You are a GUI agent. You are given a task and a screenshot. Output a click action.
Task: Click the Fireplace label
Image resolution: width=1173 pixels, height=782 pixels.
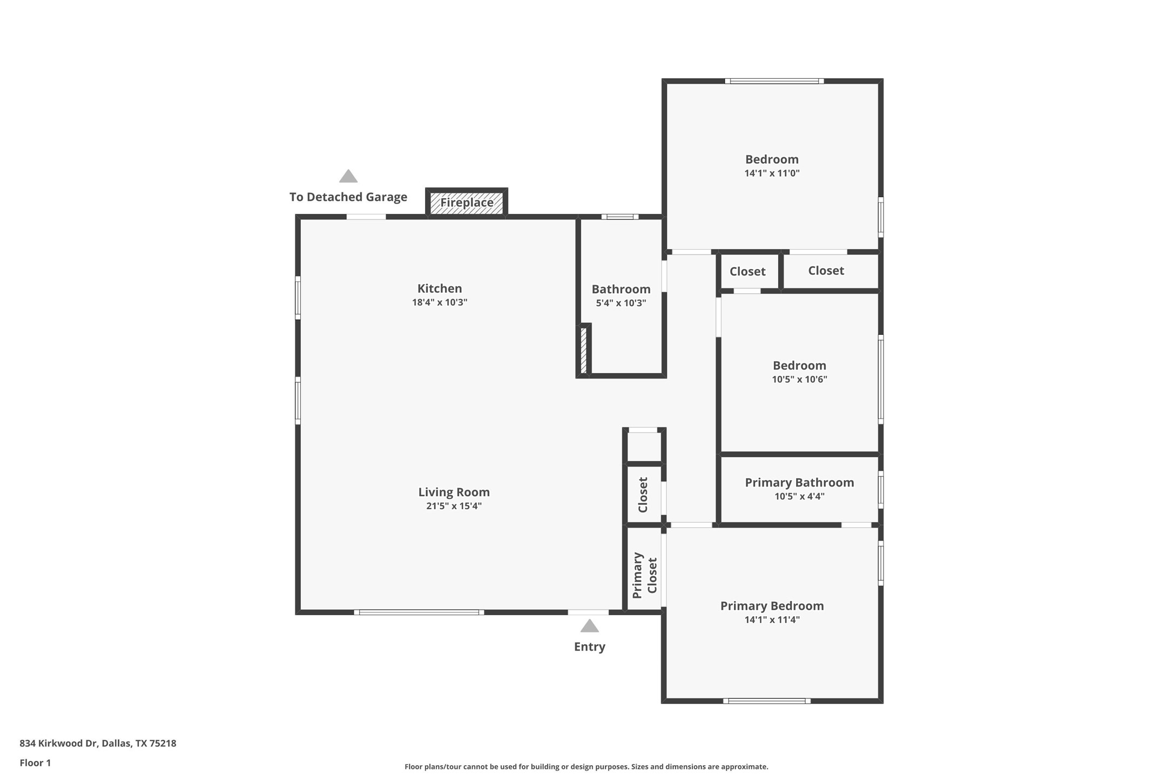(x=467, y=203)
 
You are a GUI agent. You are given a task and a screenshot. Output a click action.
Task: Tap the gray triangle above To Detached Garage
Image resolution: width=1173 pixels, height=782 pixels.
(x=348, y=177)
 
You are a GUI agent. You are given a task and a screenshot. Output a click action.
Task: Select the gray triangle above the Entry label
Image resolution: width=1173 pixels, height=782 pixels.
(x=589, y=626)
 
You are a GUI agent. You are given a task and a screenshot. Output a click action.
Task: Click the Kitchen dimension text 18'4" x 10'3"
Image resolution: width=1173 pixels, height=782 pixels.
(x=440, y=302)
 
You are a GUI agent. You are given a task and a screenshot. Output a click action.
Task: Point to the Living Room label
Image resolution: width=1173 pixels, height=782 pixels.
(x=454, y=492)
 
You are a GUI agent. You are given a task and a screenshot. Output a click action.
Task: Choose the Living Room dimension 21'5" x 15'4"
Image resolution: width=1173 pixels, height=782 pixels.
(x=454, y=506)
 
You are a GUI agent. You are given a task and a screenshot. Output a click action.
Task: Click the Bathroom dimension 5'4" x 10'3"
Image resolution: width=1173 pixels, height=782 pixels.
(x=621, y=303)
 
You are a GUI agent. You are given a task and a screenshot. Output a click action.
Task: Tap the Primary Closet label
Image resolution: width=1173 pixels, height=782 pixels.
(x=644, y=575)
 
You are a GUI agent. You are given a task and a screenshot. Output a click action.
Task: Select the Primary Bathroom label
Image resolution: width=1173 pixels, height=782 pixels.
(x=799, y=482)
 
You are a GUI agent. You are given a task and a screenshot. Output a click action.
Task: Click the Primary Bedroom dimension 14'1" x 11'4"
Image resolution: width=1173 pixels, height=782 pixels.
(x=772, y=620)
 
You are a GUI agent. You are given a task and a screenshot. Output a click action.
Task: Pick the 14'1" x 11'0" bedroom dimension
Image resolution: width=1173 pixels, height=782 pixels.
(x=772, y=173)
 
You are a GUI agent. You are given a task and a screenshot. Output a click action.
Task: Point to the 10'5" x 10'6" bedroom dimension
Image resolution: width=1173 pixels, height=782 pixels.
(x=799, y=379)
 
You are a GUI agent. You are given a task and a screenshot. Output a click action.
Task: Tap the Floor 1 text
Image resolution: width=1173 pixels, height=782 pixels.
(x=35, y=763)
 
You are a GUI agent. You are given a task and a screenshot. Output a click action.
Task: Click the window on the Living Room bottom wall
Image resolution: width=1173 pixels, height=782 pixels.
(x=419, y=612)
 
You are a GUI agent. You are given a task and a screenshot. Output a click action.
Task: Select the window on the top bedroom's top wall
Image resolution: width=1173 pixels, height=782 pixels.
(x=774, y=82)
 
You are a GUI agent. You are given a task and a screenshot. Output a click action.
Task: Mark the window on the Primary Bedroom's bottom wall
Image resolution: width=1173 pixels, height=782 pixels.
(x=767, y=701)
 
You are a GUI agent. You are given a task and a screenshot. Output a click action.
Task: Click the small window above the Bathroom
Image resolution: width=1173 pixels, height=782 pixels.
(x=620, y=217)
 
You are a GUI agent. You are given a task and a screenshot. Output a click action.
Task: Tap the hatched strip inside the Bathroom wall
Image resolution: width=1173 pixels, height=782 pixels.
(x=583, y=350)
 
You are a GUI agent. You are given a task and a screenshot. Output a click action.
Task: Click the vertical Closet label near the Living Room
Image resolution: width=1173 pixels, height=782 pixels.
(x=643, y=495)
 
